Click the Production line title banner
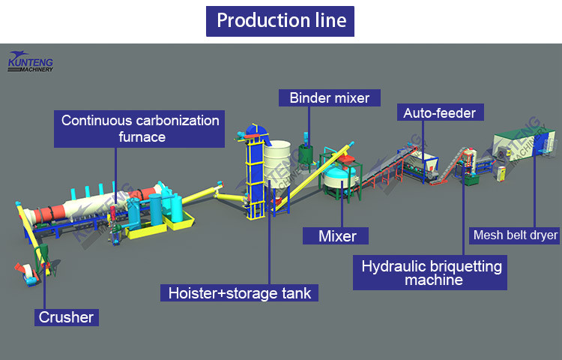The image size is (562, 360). pos(280,20)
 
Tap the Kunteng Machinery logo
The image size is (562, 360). pos(35,61)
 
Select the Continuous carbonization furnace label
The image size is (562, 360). pos(141,128)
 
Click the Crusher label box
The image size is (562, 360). pos(67,316)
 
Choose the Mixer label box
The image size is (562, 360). pos(337,236)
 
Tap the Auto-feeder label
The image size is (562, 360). pos(440,113)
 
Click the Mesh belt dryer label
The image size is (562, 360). pos(516,235)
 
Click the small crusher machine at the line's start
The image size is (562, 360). pos(28,271)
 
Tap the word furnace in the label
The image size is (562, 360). pos(142,137)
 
